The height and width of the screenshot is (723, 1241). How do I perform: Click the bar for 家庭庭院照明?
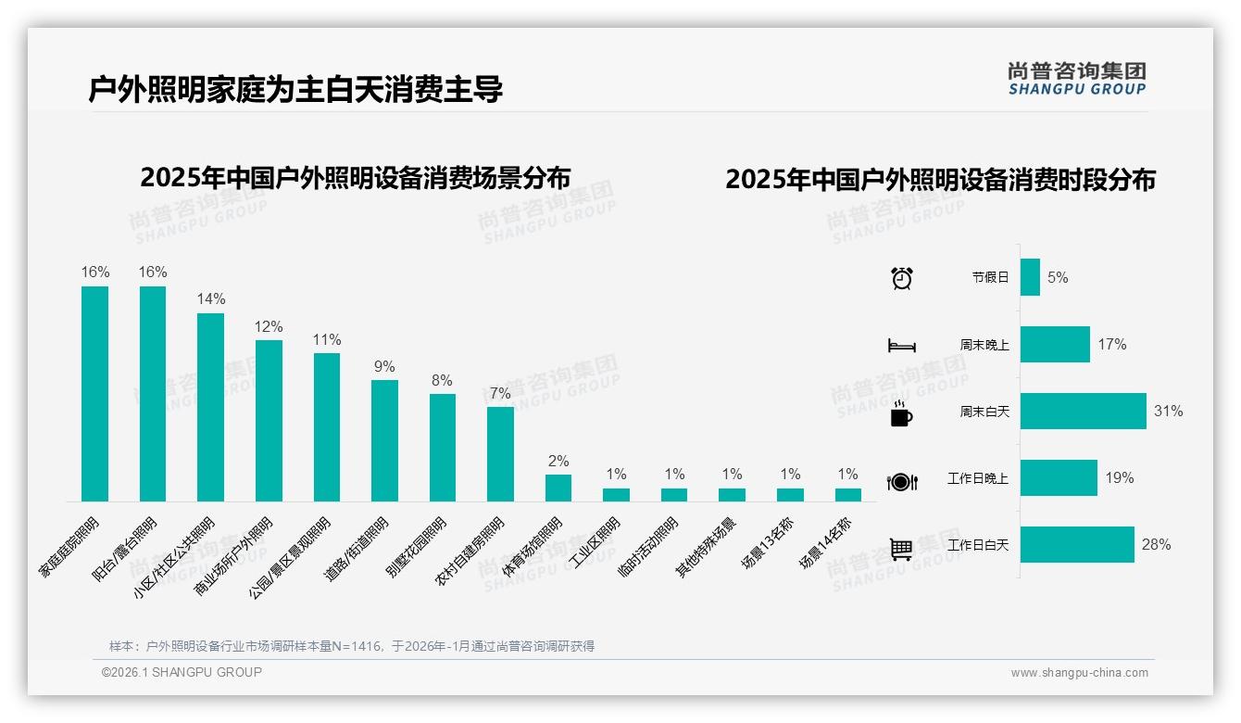pos(94,394)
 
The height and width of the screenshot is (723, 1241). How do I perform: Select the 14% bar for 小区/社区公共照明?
pos(210,407)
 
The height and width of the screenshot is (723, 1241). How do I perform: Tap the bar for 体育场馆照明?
pos(558,488)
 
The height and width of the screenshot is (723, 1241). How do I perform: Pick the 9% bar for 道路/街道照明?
pos(384,440)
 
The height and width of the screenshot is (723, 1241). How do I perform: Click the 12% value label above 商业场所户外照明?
pos(269,327)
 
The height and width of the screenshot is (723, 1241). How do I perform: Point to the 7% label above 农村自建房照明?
pos(500,393)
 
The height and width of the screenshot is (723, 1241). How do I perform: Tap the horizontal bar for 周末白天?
pos(1083,411)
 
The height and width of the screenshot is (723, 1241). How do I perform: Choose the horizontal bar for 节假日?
pos(1030,277)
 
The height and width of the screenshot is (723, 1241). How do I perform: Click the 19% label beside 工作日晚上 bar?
pos(1119,478)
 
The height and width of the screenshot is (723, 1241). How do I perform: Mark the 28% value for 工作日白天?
pos(1156,545)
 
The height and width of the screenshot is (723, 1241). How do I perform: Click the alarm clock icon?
pos(901,278)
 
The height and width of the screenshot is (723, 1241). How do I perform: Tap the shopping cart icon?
pos(901,549)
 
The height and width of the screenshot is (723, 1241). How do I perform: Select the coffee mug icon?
pos(901,413)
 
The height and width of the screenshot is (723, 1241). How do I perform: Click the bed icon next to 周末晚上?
pos(901,346)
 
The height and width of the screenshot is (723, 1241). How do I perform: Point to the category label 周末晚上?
pos(984,345)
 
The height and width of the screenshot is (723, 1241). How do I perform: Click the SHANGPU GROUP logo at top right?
pos(1076,78)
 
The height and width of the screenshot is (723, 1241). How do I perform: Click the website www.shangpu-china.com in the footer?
pos(1079,673)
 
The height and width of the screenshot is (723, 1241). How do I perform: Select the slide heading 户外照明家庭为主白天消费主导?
pos(295,90)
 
